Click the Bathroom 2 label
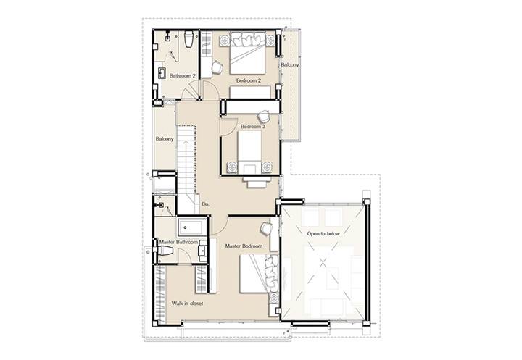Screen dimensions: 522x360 [182, 76]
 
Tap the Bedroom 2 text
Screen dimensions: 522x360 [249, 80]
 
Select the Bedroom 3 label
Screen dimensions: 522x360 [253, 127]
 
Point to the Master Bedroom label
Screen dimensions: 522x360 [244, 246]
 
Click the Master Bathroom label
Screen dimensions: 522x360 [178, 242]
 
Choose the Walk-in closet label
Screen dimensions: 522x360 [187, 304]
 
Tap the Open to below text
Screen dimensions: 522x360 [323, 233]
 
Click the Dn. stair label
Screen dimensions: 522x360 [206, 204]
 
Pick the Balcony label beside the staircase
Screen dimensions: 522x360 [165, 139]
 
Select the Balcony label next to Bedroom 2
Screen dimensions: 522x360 [289, 65]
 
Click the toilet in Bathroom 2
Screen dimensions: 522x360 [188, 39]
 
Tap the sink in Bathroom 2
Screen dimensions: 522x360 [162, 73]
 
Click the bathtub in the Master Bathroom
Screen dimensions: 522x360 [192, 227]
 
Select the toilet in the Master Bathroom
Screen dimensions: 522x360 [165, 251]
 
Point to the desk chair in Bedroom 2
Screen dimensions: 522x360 [217, 67]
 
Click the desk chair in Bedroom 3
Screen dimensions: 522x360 [264, 116]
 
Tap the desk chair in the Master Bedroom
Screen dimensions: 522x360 [266, 228]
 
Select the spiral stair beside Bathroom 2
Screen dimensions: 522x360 [191, 91]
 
